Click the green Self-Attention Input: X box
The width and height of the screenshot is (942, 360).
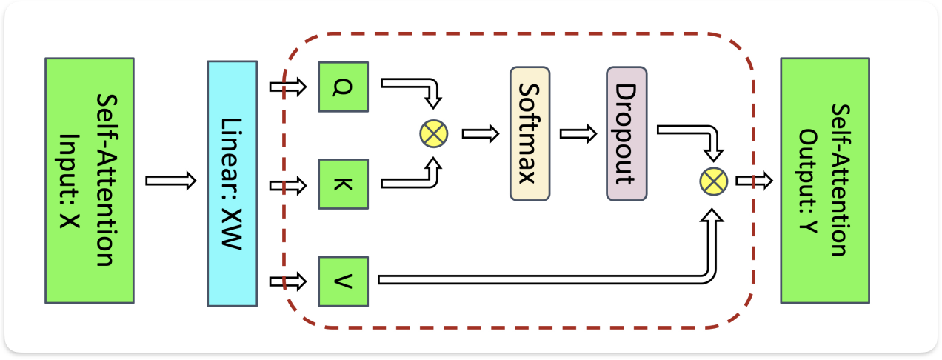pos(90,181)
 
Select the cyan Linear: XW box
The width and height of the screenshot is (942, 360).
pos(232,184)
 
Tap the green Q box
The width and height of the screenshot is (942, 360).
pos(343,87)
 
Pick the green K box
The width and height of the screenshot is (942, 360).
pos(343,183)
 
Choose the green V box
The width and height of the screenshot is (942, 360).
pos(343,281)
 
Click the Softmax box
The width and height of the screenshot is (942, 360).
pos(530,133)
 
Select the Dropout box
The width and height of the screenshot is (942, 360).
pos(627,133)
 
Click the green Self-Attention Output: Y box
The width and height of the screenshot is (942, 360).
pos(824,181)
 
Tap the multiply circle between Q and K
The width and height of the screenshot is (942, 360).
pos(433,134)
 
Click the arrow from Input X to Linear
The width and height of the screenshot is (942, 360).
pos(171,181)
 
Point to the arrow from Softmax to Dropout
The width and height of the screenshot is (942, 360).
pos(578,134)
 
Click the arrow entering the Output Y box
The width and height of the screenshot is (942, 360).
pos(754,180)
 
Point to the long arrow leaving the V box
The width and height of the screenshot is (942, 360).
pos(541,279)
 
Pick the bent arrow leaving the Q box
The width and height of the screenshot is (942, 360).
pos(407,83)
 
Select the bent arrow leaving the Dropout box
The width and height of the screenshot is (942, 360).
pos(685,130)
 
